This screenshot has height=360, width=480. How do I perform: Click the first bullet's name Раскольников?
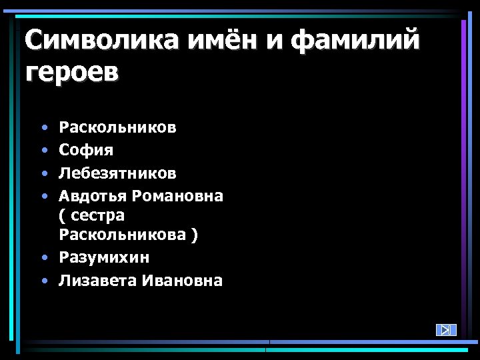click(118, 127)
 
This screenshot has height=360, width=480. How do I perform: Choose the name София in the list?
click(86, 150)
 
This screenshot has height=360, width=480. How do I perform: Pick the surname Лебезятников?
click(118, 173)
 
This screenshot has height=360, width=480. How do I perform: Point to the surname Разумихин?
click(104, 257)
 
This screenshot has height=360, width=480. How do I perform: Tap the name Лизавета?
click(97, 281)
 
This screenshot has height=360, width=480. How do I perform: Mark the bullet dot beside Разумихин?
click(43, 258)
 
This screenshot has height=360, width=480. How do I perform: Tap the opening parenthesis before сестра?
click(62, 216)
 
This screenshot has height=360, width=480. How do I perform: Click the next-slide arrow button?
click(445, 330)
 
